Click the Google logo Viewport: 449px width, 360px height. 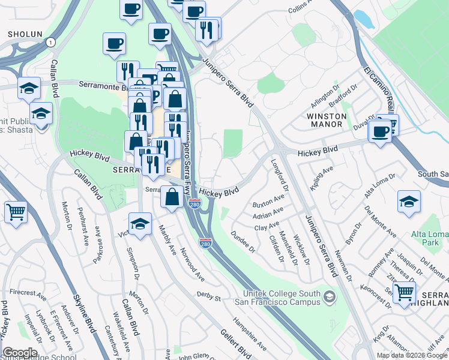(20, 353)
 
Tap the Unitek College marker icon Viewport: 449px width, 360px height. (329, 297)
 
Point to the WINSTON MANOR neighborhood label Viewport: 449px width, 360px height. (327, 120)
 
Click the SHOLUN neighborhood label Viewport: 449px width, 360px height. (25, 35)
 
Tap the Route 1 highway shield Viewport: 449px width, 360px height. (50, 42)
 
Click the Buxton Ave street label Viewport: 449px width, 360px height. (268, 200)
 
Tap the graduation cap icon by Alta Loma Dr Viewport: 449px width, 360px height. (408, 202)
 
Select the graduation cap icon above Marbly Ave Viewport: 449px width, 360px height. (140, 223)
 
